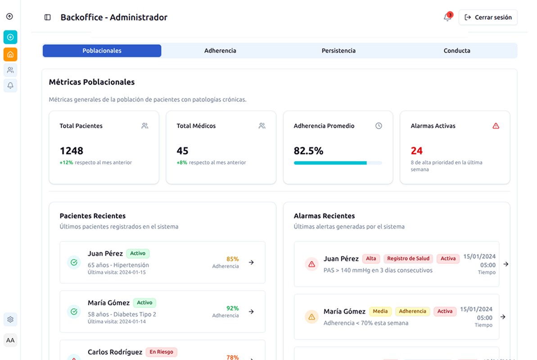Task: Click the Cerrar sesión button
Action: pyautogui.click(x=488, y=18)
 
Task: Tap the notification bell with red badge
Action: pyautogui.click(x=447, y=17)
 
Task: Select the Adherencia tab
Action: pyautogui.click(x=220, y=51)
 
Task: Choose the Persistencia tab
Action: pyautogui.click(x=338, y=51)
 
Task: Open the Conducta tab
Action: pyautogui.click(x=457, y=51)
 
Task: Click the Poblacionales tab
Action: pyautogui.click(x=102, y=51)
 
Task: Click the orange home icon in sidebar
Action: pyautogui.click(x=10, y=54)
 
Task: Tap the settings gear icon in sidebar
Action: pyautogui.click(x=10, y=319)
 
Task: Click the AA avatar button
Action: pyautogui.click(x=10, y=340)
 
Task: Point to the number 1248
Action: pyautogui.click(x=72, y=151)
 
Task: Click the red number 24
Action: pyautogui.click(x=417, y=151)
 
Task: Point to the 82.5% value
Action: pyautogui.click(x=308, y=151)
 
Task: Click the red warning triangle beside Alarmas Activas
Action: pyautogui.click(x=496, y=126)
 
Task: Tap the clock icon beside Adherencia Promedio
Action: pyautogui.click(x=379, y=126)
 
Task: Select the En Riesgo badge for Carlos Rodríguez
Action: pyautogui.click(x=161, y=352)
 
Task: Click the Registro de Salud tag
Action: pyautogui.click(x=408, y=259)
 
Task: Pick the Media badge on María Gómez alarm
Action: pyautogui.click(x=380, y=311)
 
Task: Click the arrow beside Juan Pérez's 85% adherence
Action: pyautogui.click(x=252, y=262)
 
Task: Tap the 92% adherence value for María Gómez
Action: pyautogui.click(x=233, y=308)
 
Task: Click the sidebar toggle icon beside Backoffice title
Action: pyautogui.click(x=48, y=18)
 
